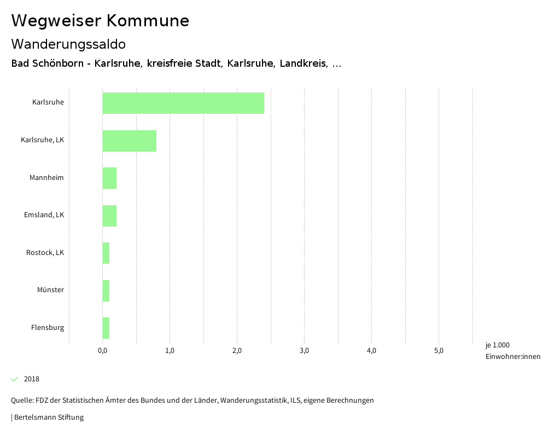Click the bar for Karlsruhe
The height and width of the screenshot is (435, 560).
(183, 103)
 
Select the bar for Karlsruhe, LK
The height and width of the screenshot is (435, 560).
(129, 141)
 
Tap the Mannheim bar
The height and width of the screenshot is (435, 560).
(109, 178)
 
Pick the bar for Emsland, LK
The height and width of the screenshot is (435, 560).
(109, 216)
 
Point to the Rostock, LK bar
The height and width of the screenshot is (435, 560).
(106, 253)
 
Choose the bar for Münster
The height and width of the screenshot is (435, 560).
(106, 291)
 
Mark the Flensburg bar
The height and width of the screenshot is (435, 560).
(106, 328)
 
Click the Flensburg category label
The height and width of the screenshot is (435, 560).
(48, 328)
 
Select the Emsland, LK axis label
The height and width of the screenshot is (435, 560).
(44, 215)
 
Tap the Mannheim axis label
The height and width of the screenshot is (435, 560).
(46, 178)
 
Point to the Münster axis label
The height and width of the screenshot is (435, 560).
(50, 290)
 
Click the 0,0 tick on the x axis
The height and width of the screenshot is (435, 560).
(102, 351)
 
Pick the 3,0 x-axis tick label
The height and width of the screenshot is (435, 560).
(305, 351)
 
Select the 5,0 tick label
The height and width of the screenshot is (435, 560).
(439, 351)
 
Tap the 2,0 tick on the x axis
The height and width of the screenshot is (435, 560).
(237, 351)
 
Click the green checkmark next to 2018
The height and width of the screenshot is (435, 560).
(15, 379)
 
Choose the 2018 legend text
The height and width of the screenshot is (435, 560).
(32, 379)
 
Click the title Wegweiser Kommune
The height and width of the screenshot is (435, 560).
(100, 21)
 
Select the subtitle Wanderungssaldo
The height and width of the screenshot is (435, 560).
(68, 44)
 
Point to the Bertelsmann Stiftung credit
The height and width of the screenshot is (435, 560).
(48, 417)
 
